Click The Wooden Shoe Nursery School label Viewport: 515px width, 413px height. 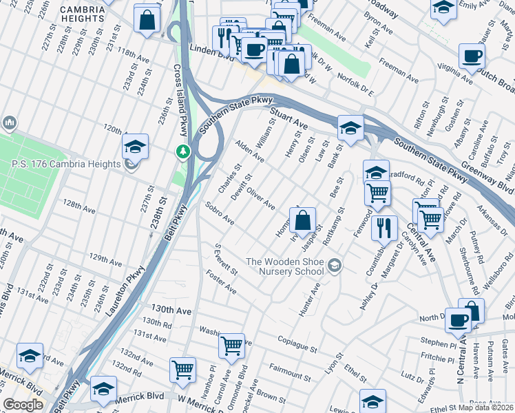285,266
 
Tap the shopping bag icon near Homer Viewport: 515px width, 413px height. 302,221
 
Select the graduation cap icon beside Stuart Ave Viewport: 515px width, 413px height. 350,128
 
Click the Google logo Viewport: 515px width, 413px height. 23,405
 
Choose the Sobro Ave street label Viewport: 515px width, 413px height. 220,213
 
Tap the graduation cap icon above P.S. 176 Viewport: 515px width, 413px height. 136,146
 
